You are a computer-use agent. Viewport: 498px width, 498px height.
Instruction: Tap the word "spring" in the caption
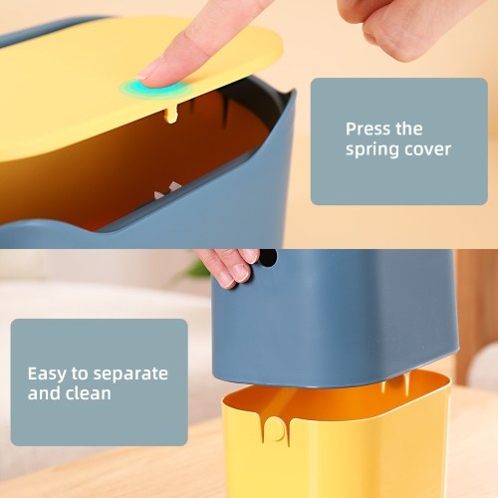point(372,149)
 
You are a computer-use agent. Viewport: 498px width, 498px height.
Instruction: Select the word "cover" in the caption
point(427,149)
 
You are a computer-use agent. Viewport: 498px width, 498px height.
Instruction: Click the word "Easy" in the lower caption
point(47,374)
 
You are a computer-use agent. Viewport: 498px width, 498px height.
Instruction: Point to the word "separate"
point(130,374)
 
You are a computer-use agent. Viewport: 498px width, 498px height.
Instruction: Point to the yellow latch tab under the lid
point(171,115)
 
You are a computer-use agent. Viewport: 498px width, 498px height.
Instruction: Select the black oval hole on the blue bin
point(267,257)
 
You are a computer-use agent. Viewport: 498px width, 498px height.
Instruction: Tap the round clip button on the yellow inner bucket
point(275,429)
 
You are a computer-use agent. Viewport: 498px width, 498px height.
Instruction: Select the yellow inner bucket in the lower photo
point(337,438)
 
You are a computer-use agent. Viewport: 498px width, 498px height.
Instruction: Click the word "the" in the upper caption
point(409,128)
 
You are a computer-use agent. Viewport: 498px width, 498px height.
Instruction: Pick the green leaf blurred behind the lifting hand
point(198,269)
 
